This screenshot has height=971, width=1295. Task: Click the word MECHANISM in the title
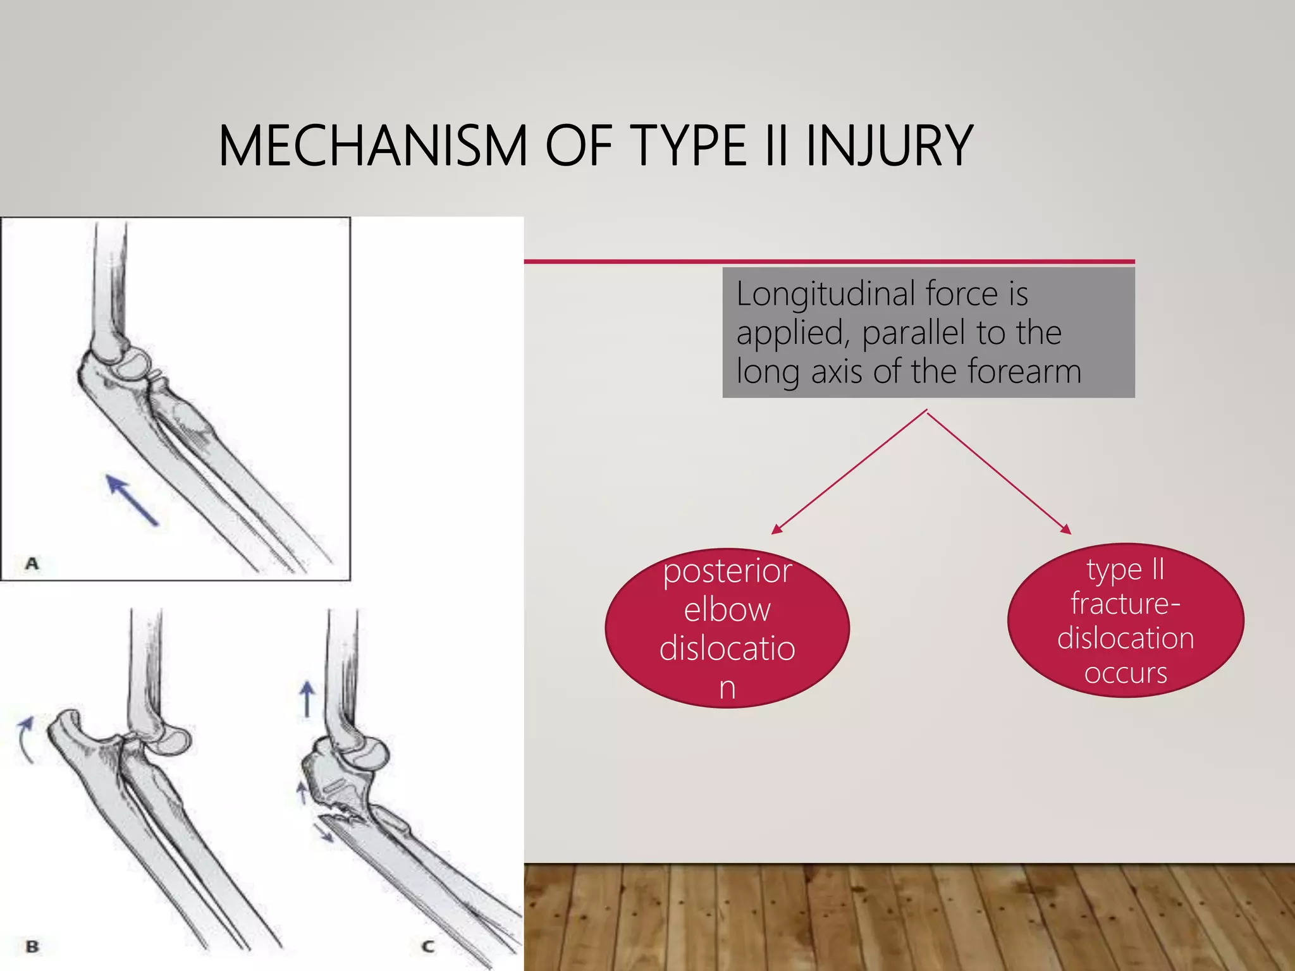coord(372,146)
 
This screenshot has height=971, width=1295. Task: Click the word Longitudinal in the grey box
coord(826,295)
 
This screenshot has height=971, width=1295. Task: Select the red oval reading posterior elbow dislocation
coord(727,628)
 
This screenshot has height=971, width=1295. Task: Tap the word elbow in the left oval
coord(727,610)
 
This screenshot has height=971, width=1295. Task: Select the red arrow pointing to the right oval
coord(999,472)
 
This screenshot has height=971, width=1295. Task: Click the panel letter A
coord(32,563)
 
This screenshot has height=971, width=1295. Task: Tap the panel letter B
coord(32,946)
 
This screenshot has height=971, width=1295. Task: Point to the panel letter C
coord(428,946)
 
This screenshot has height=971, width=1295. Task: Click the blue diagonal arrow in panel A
coord(132,500)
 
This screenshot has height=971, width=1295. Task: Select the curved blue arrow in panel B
coord(25,739)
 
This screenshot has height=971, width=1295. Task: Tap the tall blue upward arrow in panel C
coord(307,699)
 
